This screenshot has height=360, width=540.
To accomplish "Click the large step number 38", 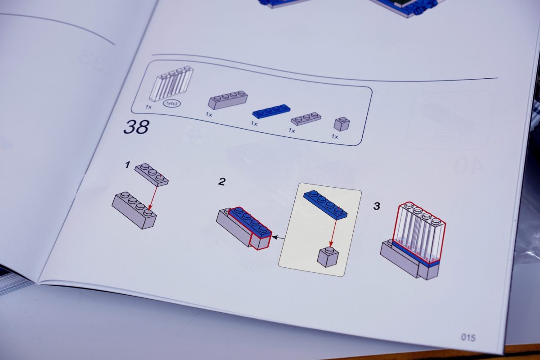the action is [x=136, y=127].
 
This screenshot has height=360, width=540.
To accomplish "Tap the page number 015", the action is [x=468, y=337].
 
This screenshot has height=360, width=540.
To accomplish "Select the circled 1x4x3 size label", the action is [x=172, y=103].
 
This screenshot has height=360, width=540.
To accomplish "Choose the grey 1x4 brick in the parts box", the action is [x=228, y=100].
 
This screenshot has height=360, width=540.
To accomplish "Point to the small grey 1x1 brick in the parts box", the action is [x=342, y=124].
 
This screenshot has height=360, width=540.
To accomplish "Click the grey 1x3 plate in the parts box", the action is [x=306, y=118].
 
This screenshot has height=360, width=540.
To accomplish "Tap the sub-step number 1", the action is [x=127, y=165].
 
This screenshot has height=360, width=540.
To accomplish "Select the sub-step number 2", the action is [x=222, y=181].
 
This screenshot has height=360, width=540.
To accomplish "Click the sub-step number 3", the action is [x=377, y=206].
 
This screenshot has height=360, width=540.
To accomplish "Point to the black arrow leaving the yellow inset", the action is [x=278, y=238].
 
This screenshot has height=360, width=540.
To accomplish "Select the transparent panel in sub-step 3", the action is [x=419, y=232].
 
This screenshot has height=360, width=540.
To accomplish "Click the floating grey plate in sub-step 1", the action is [x=151, y=175].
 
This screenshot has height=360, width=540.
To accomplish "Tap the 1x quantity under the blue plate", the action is [x=254, y=124].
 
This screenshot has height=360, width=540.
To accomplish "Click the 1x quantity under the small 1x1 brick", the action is [x=335, y=137].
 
